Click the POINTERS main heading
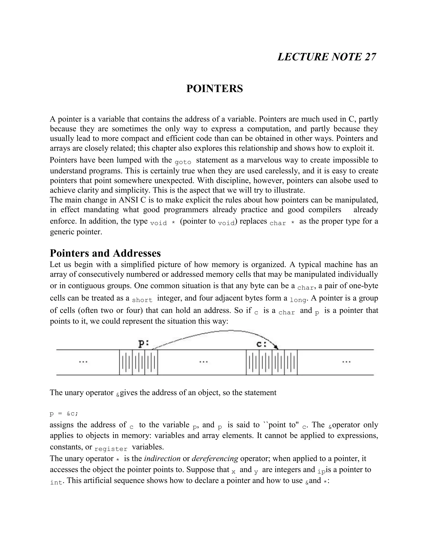pyautogui.click(x=214, y=89)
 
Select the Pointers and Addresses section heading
pyautogui.click(x=105, y=253)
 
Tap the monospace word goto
pyautogui.click(x=183, y=162)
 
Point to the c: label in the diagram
pyautogui.click(x=262, y=344)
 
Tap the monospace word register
pyautogui.click(x=111, y=449)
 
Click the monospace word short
pyautogui.click(x=142, y=300)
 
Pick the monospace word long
pyautogui.click(x=298, y=300)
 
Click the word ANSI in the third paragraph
pyautogui.click(x=128, y=200)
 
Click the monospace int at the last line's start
pyautogui.click(x=56, y=482)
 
